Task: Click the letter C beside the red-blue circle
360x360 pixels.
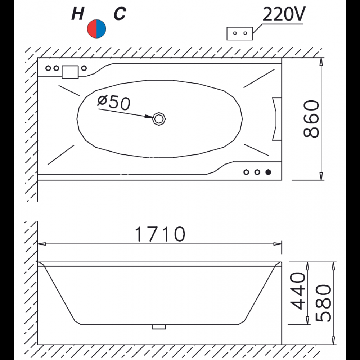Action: [x=120, y=14]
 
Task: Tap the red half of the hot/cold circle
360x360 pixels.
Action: [x=92, y=29]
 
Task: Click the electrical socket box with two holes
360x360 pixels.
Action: [x=240, y=33]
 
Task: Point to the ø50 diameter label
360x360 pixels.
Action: [x=113, y=103]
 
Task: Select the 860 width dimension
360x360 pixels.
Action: [x=310, y=119]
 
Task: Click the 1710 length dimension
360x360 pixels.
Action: [x=160, y=234]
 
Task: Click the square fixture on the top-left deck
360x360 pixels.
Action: [x=70, y=72]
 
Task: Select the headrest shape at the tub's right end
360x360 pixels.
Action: [x=276, y=118]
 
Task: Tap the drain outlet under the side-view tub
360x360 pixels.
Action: [x=159, y=327]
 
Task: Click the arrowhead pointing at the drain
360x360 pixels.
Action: [x=149, y=117]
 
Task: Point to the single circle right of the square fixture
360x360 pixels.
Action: [x=84, y=68]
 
